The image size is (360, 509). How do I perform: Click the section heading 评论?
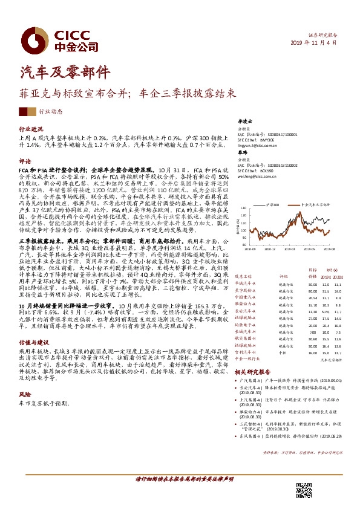25,161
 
